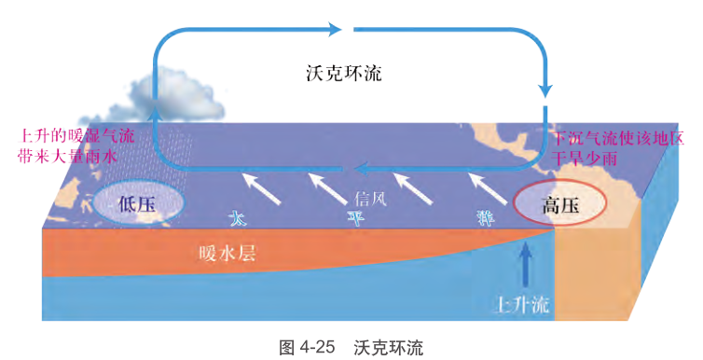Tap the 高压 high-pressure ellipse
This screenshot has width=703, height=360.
[560, 207]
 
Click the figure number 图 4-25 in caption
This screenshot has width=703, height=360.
[307, 347]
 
